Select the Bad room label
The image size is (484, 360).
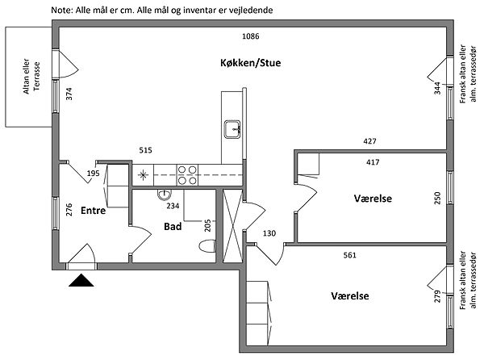click(173, 227)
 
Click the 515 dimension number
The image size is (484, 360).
click(145, 150)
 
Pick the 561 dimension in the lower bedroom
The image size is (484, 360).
click(348, 255)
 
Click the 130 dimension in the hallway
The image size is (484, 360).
click(269, 234)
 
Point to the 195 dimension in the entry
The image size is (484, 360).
click(93, 173)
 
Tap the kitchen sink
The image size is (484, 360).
click(232, 128)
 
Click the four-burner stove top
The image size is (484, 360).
click(187, 174)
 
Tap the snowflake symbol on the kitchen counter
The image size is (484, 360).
click(144, 174)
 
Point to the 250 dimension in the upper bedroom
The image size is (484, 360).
click(438, 199)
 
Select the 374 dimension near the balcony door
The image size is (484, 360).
click(69, 94)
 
